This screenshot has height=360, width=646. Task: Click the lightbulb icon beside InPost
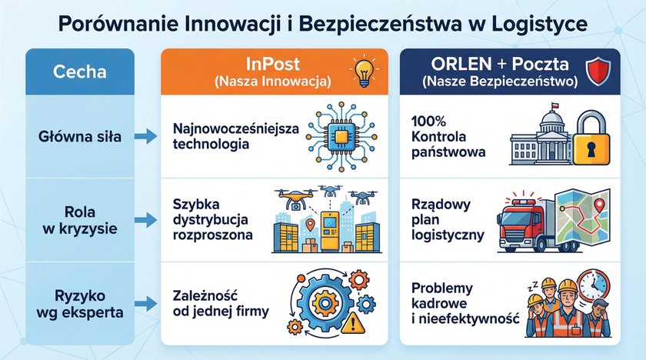(363, 71)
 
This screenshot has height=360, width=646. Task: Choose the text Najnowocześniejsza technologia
(229, 136)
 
